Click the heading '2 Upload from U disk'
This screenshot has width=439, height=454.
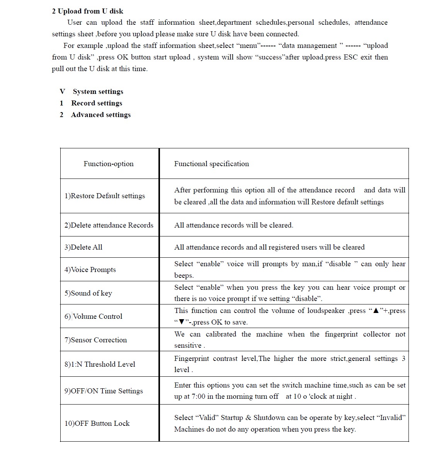click(x=87, y=11)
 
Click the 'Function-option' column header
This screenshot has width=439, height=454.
click(x=109, y=164)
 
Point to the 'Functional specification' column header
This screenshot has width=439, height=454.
click(x=211, y=164)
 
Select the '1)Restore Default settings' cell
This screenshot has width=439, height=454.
click(x=105, y=196)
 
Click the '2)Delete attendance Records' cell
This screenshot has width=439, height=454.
click(x=109, y=225)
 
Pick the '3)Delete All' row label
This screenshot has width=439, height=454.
click(x=83, y=247)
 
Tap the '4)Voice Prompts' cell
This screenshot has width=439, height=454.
click(x=90, y=270)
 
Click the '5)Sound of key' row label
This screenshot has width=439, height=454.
click(x=88, y=293)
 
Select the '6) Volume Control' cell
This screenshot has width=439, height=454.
click(x=93, y=316)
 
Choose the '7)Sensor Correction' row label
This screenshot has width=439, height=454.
click(x=95, y=340)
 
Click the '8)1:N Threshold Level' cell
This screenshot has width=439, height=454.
click(x=100, y=364)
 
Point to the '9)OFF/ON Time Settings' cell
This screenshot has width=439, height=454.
click(x=104, y=391)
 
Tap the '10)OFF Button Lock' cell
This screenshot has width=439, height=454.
click(x=97, y=423)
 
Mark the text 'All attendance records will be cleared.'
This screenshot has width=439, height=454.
click(x=234, y=225)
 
